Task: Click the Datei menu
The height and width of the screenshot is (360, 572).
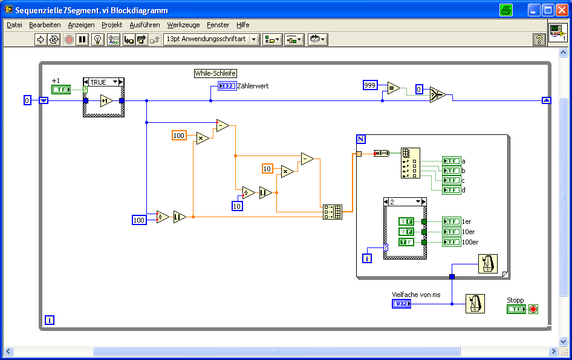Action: coord(15,25)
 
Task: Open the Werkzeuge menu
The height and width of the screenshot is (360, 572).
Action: coord(183,25)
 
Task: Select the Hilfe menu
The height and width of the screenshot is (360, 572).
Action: coord(243,25)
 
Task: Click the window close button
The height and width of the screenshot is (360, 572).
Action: coord(561,10)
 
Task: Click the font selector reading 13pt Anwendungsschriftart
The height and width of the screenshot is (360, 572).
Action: coord(211,39)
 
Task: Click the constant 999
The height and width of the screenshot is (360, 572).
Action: coord(371,85)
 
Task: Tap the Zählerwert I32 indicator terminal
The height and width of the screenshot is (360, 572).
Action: coord(227,86)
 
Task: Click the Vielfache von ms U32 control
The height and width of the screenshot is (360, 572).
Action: coord(401,303)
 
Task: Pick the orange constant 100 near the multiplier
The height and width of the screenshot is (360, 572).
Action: coord(179,136)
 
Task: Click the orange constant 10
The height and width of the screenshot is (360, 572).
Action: coord(267,168)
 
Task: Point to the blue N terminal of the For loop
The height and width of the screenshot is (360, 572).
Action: coord(361,139)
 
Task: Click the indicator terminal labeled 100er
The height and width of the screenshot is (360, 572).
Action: coord(451,242)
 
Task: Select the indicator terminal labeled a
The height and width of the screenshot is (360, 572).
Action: coord(451,161)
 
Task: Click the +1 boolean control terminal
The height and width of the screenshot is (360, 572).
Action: coord(61,90)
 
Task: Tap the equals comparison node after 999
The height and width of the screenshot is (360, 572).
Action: coord(394,88)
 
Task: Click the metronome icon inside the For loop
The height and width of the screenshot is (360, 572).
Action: coord(487,264)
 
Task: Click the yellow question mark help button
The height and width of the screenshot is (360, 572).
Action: coord(539,39)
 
